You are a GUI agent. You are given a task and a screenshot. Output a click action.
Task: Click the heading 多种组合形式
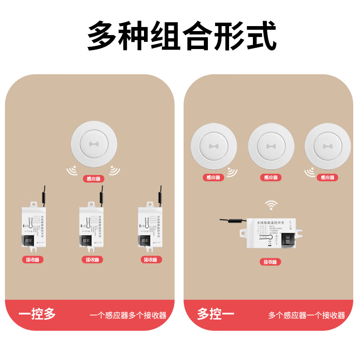pyautogui.click(x=181, y=36)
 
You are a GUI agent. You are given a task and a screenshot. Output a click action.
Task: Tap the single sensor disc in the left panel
pyautogui.click(x=94, y=146)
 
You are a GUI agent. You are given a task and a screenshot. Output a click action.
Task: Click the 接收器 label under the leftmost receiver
pyautogui.click(x=33, y=260)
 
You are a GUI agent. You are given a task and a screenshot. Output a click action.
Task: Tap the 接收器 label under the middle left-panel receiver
pyautogui.click(x=92, y=260)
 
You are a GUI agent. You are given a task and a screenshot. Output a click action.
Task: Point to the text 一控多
pyautogui.click(x=37, y=314)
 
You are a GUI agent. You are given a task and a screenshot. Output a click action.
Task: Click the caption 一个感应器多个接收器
pyautogui.click(x=128, y=315)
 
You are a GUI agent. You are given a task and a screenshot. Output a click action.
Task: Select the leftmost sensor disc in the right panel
pyautogui.click(x=213, y=146)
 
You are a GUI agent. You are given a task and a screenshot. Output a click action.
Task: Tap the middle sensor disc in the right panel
pyautogui.click(x=271, y=146)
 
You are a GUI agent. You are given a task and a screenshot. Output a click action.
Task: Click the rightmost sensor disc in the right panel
pyautogui.click(x=328, y=146)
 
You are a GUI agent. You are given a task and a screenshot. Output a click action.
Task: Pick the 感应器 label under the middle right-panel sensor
pyautogui.click(x=271, y=178)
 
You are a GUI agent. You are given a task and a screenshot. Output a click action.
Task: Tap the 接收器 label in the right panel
pyautogui.click(x=270, y=262)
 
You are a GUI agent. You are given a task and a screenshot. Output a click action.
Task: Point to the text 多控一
pyautogui.click(x=216, y=314)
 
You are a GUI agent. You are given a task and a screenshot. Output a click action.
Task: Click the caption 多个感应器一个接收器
pyautogui.click(x=306, y=315)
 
